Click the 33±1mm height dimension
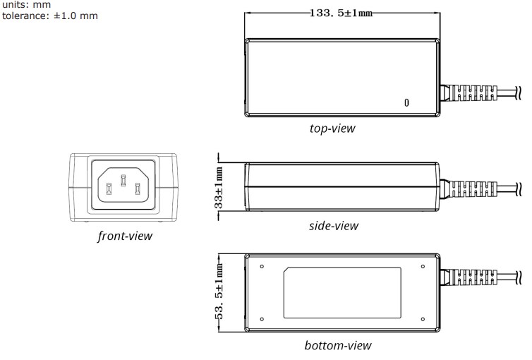coord(219,186)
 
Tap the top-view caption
coord(332,128)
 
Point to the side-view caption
coord(333,226)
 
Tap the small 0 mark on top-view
coord(406,103)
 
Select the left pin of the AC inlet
coord(109,188)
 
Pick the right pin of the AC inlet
coord(138,188)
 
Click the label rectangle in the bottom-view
coord(341,292)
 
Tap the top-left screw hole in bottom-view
coord(262,266)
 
